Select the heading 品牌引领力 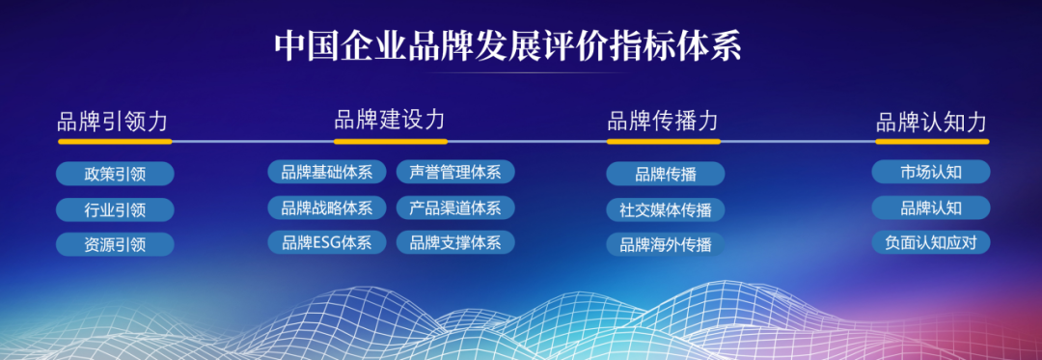(x=113, y=122)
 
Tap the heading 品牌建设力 (x=390, y=120)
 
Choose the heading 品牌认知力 (x=931, y=122)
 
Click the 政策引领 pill (x=115, y=174)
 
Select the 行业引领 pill (x=115, y=209)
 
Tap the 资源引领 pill (x=115, y=244)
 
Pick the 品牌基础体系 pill (x=326, y=172)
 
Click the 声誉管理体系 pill (x=454, y=172)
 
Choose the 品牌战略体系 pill (x=326, y=208)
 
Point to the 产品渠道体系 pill (x=454, y=208)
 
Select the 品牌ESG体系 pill (x=326, y=242)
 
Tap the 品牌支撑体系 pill (x=454, y=242)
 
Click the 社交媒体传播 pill (x=665, y=209)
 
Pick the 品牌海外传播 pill (x=665, y=244)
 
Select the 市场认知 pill (x=931, y=172)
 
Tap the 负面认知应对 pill (x=931, y=242)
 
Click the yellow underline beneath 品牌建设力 (x=390, y=141)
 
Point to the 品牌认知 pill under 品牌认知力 (x=931, y=208)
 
